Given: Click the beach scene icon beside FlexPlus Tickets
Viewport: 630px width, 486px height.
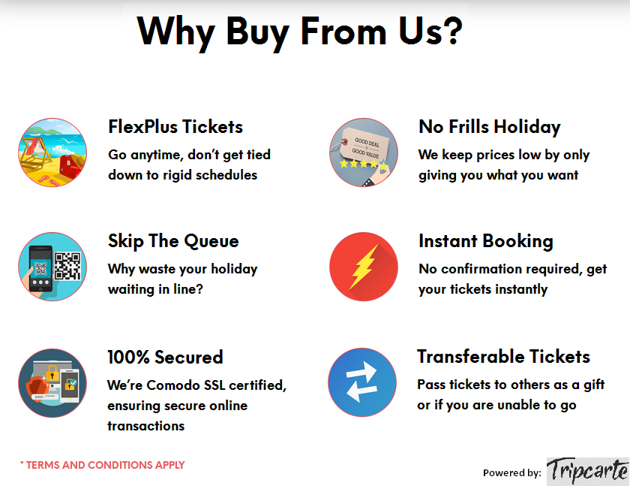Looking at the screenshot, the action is [x=52, y=152].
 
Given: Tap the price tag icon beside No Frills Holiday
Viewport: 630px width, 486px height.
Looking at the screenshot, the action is [x=364, y=152].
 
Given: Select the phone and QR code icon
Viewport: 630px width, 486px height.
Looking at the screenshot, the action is [x=52, y=267].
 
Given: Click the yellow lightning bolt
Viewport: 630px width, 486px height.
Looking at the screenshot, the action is [x=364, y=267].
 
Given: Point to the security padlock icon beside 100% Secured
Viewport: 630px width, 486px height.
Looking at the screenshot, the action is [x=52, y=382].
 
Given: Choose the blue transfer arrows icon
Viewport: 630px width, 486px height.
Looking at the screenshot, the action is [x=362, y=382].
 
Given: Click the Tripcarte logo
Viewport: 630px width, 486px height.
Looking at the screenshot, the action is [x=587, y=470].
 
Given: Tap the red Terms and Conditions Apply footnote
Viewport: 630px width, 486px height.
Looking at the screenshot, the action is [x=102, y=465].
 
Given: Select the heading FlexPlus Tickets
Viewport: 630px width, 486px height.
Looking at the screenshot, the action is [x=175, y=127].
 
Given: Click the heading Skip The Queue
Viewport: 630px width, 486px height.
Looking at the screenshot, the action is [x=173, y=241].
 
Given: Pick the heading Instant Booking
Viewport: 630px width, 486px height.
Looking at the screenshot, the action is [x=486, y=241].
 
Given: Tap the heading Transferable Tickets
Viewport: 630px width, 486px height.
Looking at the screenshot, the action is [x=503, y=357].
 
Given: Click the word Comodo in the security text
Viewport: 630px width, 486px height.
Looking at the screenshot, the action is [x=173, y=385].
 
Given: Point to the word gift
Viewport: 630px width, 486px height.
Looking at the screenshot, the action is [x=594, y=385].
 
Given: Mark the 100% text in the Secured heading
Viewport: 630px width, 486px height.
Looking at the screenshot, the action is [x=128, y=358].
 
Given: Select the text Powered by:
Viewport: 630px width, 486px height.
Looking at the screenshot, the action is [x=512, y=472].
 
